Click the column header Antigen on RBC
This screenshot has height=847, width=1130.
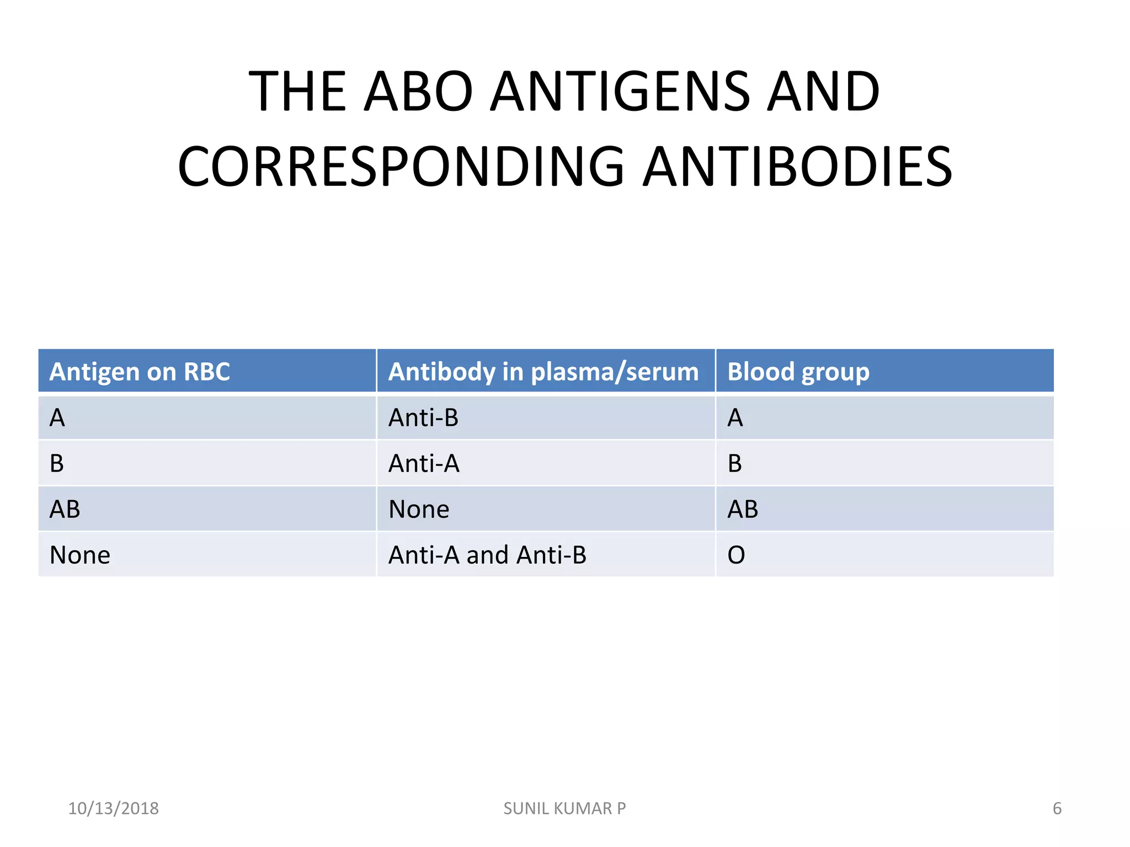pos(140,372)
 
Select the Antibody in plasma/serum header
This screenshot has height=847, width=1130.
pos(543,372)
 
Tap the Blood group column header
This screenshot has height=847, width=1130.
pos(798,372)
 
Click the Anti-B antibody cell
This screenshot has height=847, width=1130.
pos(423,418)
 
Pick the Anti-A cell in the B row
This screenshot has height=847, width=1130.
pos(424,464)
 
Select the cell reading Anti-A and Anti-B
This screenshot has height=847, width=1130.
pos(487,555)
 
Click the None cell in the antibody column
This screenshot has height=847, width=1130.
pos(419,510)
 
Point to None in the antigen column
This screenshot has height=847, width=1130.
pos(80,555)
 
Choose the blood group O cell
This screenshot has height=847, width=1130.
pos(736,555)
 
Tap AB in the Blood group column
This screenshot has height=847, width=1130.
pos(743,510)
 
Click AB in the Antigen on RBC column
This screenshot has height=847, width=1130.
pos(65,510)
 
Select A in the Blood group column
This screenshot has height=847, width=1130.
pos(735,418)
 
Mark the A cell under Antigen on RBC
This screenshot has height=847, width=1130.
pos(57,418)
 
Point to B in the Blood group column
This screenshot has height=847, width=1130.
pos(734,464)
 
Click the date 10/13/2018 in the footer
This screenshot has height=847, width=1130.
pos(113,808)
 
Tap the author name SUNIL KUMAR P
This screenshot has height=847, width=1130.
pos(564,808)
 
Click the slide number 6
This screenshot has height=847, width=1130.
pos(1057,808)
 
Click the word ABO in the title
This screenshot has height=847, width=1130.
pos(418,92)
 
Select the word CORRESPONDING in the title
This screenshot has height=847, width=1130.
pos(401,167)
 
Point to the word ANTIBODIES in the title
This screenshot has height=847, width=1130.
pos(798,167)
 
